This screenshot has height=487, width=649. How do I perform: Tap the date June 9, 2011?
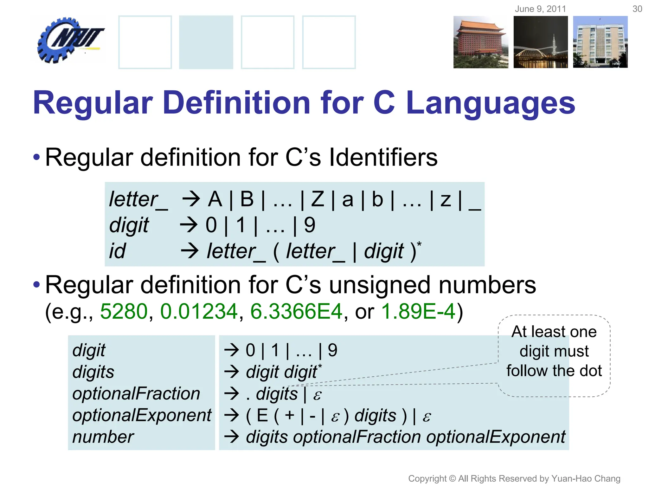pos(540,9)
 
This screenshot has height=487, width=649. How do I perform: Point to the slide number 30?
pos(637,9)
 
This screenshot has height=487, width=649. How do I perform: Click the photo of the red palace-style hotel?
pos(480,42)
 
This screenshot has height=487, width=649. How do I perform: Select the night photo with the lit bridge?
pos(541,42)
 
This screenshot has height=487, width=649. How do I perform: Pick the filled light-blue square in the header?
pos(206,42)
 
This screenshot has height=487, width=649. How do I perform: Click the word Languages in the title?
pos(490,103)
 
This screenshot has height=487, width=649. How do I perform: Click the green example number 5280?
pos(124,311)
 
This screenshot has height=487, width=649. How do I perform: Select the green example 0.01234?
pos(199,311)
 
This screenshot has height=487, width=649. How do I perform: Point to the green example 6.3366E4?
pos(296,311)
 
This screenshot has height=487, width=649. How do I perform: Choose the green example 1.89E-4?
pos(418,311)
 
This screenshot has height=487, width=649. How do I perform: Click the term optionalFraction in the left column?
pos(136,394)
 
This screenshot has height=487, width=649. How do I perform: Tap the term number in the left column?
pos(103,437)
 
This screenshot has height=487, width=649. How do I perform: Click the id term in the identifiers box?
pos(117,251)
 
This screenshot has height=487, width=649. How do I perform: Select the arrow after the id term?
pos(190,251)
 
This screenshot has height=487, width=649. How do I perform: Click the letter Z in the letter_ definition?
pos(318,200)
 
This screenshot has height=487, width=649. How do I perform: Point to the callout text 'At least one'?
pos(554,332)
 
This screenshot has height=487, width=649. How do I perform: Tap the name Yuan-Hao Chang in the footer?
pos(586,478)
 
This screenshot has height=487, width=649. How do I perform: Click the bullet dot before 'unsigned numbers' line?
pos(37,284)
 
